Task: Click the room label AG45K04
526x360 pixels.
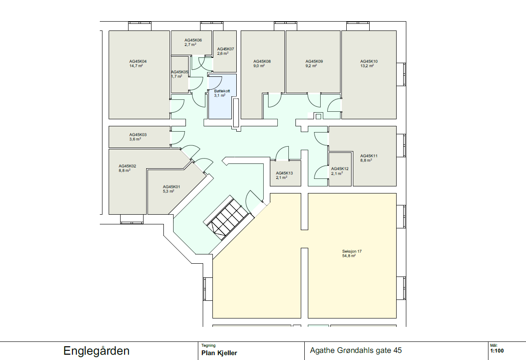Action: pyautogui.click(x=138, y=61)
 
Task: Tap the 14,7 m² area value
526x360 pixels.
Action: pyautogui.click(x=136, y=66)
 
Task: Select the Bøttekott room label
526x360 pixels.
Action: pyautogui.click(x=222, y=91)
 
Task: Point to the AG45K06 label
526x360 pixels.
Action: pyautogui.click(x=193, y=40)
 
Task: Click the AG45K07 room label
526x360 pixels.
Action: pyautogui.click(x=225, y=49)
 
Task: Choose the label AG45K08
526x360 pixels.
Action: pyautogui.click(x=262, y=61)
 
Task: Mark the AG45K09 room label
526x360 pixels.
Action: pyautogui.click(x=314, y=61)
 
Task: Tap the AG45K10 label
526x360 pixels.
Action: pyautogui.click(x=369, y=61)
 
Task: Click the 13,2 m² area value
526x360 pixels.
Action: pyautogui.click(x=367, y=66)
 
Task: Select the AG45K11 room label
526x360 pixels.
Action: pyautogui.click(x=369, y=156)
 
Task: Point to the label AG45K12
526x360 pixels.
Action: pyautogui.click(x=340, y=169)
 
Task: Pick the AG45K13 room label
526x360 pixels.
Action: pyautogui.click(x=284, y=173)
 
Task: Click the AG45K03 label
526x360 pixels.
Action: pyautogui.click(x=138, y=135)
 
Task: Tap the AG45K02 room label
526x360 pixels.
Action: pyautogui.click(x=127, y=166)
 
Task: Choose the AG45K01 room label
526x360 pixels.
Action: pyautogui.click(x=171, y=186)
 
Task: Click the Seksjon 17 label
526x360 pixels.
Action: pyautogui.click(x=352, y=251)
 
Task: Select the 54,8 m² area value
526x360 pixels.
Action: pyautogui.click(x=349, y=256)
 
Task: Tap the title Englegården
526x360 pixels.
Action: pyautogui.click(x=97, y=351)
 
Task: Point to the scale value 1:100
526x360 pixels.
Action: pyautogui.click(x=497, y=352)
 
